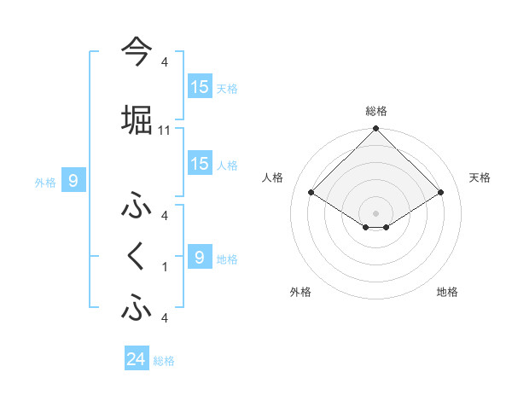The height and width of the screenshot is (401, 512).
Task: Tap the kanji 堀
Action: click(137, 120)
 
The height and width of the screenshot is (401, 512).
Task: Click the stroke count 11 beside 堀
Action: click(165, 131)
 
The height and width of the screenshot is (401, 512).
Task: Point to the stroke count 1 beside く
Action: click(165, 267)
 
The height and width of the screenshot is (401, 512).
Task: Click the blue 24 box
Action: click(137, 360)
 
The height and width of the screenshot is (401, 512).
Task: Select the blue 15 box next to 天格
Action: click(200, 87)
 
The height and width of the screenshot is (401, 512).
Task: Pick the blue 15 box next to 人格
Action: click(200, 164)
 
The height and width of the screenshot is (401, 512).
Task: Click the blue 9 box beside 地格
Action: click(200, 257)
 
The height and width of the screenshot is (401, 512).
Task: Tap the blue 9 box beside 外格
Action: click(73, 180)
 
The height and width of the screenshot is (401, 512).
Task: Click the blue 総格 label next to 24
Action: click(164, 361)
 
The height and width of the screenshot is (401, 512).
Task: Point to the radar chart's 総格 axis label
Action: click(375, 111)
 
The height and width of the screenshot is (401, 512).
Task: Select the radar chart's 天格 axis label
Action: click(480, 177)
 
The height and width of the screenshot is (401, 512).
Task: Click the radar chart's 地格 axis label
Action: click(447, 292)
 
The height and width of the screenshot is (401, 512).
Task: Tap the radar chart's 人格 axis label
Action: click(273, 177)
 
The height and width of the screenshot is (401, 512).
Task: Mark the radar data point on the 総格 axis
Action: click(375, 130)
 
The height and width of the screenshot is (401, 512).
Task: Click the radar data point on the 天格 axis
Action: click(441, 192)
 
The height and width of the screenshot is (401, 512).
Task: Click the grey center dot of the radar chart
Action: click(375, 212)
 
